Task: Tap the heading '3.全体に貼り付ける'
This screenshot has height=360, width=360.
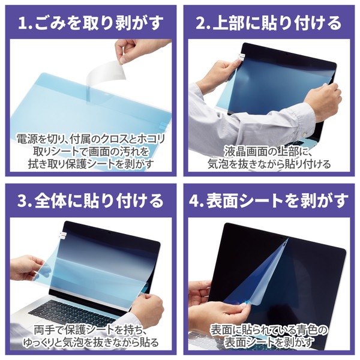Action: [90, 200]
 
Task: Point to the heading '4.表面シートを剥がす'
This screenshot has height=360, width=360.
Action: [269, 200]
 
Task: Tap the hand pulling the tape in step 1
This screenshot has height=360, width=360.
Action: [144, 51]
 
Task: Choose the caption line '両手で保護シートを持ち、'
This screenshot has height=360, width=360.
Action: [90, 329]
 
